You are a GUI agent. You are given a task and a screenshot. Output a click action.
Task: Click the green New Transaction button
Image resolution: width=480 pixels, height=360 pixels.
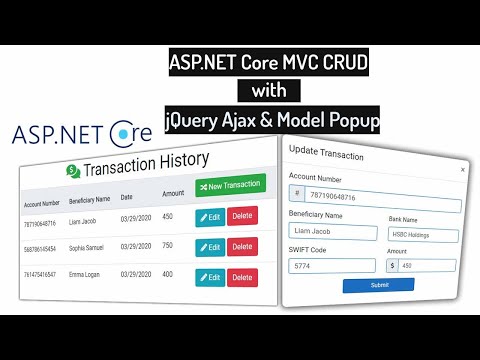(x=230, y=186)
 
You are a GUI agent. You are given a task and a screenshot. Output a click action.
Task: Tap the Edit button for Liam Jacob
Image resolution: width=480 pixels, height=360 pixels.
(x=210, y=217)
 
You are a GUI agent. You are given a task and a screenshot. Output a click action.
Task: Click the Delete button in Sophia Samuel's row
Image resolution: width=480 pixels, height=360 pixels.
(x=243, y=246)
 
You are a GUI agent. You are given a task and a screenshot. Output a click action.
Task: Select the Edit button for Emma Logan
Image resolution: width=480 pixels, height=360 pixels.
(x=210, y=276)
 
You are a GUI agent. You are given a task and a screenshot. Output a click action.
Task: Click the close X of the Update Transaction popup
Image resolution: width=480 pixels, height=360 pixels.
(x=462, y=170)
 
